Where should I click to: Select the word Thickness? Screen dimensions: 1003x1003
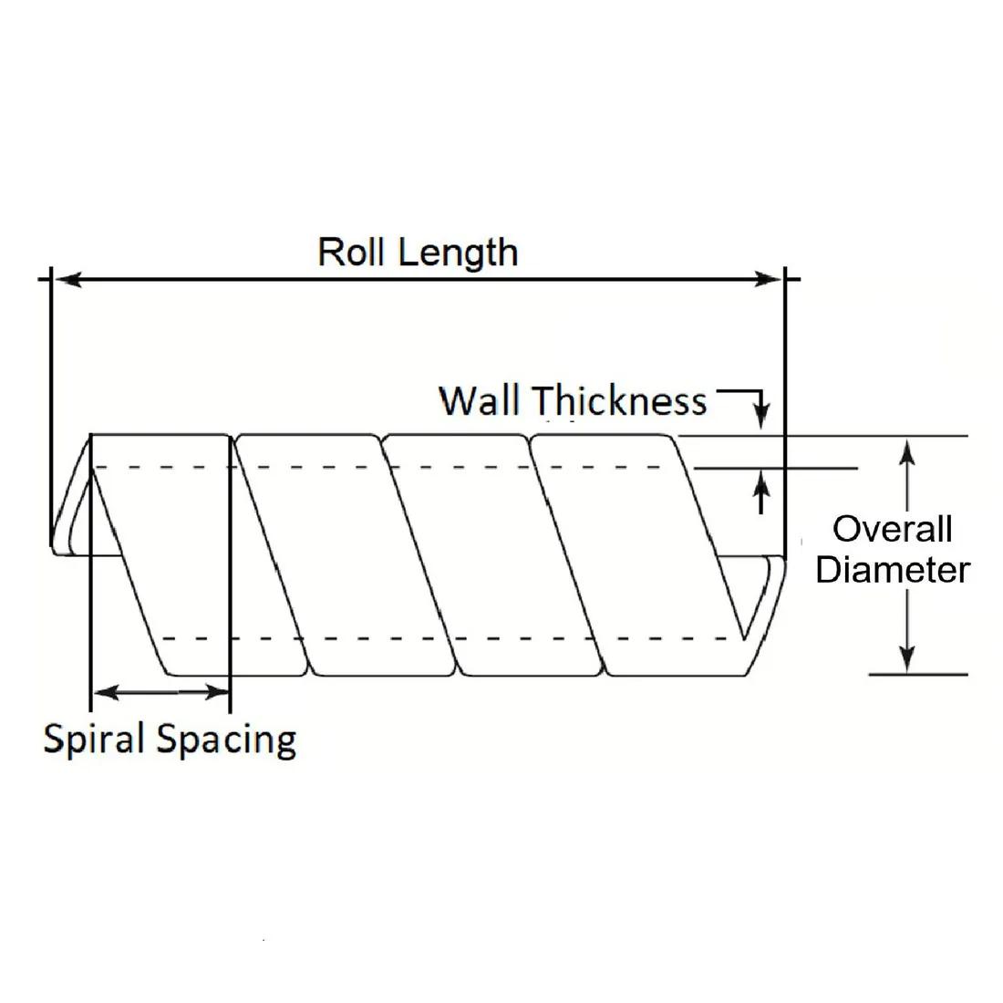(x=619, y=401)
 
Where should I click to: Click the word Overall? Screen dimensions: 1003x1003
(x=893, y=529)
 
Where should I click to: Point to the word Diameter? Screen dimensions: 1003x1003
(x=893, y=571)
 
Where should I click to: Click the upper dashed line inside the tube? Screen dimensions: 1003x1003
(x=392, y=467)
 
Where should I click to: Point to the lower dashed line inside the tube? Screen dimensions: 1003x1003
(x=456, y=638)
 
